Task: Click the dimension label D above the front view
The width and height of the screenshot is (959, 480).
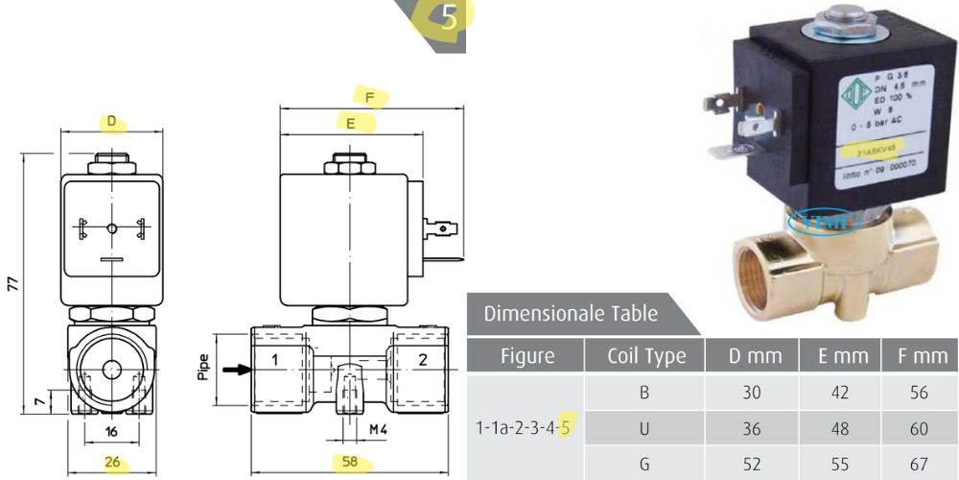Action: tap(112, 122)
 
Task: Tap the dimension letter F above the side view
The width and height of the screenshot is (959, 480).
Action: tap(369, 96)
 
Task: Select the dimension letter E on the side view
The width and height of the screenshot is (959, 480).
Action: tap(351, 123)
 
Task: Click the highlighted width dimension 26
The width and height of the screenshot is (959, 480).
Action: tap(113, 463)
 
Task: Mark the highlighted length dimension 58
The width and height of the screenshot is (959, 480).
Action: tap(350, 463)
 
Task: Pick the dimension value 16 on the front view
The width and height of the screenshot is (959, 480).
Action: tap(113, 432)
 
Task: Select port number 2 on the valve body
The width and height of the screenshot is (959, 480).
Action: tap(423, 360)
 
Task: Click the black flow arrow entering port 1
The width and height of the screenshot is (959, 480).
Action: tap(232, 368)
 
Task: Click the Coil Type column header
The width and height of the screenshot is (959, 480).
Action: tap(646, 356)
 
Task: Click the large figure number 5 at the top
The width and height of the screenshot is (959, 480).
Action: tap(450, 17)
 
